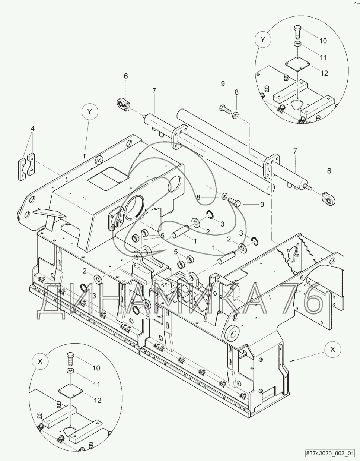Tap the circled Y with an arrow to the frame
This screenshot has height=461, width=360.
(x=89, y=111)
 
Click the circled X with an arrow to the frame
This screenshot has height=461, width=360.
(x=333, y=350)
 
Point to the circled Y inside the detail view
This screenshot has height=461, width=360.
(x=262, y=40)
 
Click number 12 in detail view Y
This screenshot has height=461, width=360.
(x=324, y=73)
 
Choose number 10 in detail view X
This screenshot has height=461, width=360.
(x=96, y=368)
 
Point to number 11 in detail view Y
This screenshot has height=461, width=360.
(x=323, y=57)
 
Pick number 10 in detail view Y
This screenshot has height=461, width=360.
(x=323, y=41)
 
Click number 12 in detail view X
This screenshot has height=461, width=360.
(x=97, y=401)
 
